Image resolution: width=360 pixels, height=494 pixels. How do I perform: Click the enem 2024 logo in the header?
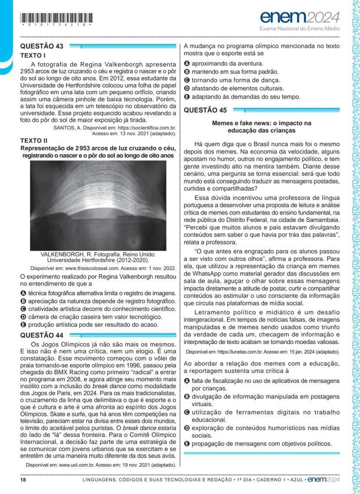300,18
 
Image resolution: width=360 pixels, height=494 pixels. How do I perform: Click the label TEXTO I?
33,56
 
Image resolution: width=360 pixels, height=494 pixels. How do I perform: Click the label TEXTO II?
34,140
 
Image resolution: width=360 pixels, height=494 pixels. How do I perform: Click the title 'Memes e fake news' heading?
261,126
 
